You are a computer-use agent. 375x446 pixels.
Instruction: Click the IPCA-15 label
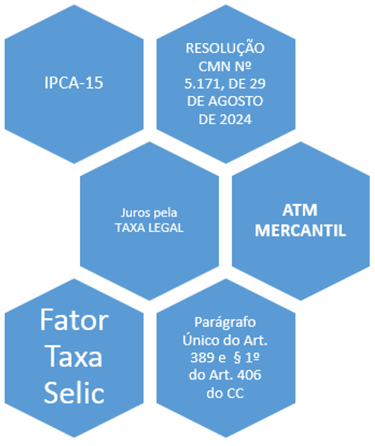click(74, 83)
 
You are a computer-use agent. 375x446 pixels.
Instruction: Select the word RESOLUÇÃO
click(225, 47)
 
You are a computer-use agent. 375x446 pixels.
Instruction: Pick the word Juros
click(134, 213)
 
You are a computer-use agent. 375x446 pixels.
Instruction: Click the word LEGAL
click(166, 228)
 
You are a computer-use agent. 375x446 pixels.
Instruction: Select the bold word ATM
click(300, 210)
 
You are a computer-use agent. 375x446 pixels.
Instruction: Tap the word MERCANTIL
click(300, 230)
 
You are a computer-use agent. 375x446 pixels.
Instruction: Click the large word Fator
click(74, 320)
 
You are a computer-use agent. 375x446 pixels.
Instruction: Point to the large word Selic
click(74, 392)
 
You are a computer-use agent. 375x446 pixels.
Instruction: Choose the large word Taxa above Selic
click(74, 356)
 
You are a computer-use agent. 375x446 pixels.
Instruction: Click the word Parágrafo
click(225, 323)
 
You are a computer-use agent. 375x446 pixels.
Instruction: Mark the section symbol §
click(237, 358)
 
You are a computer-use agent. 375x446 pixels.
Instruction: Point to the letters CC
click(235, 393)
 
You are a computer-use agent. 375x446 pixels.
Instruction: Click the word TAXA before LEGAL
click(131, 228)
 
